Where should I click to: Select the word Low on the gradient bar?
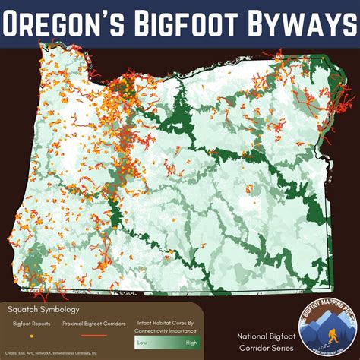[142, 343]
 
